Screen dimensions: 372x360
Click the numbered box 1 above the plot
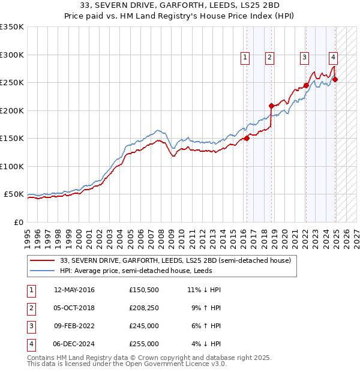[246, 58]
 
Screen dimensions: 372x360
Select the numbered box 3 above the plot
[305, 58]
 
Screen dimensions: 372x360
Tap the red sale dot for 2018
[271, 106]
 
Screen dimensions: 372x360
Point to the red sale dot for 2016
[247, 138]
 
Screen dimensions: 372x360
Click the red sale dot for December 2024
[335, 79]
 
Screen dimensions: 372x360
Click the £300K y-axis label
[11, 55]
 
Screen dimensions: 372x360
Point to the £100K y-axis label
[11, 166]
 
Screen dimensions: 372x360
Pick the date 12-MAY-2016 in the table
[74, 290]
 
